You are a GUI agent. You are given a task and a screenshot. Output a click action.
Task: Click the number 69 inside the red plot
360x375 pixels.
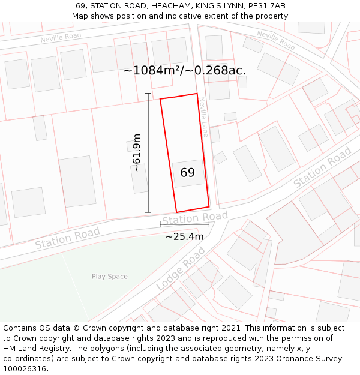click(187, 173)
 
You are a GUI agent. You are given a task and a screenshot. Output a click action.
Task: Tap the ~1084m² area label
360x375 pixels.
click(185, 70)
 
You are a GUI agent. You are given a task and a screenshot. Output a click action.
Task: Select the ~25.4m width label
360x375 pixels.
click(184, 236)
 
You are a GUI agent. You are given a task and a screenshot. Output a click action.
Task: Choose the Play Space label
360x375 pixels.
click(109, 277)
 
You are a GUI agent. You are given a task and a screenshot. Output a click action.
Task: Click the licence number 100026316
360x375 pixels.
click(26, 369)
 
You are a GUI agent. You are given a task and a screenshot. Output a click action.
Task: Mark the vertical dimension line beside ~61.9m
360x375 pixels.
click(148, 152)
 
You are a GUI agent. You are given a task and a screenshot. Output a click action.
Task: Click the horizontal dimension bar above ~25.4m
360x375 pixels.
click(184, 224)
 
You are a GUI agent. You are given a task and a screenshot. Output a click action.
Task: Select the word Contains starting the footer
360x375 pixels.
click(20, 328)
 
